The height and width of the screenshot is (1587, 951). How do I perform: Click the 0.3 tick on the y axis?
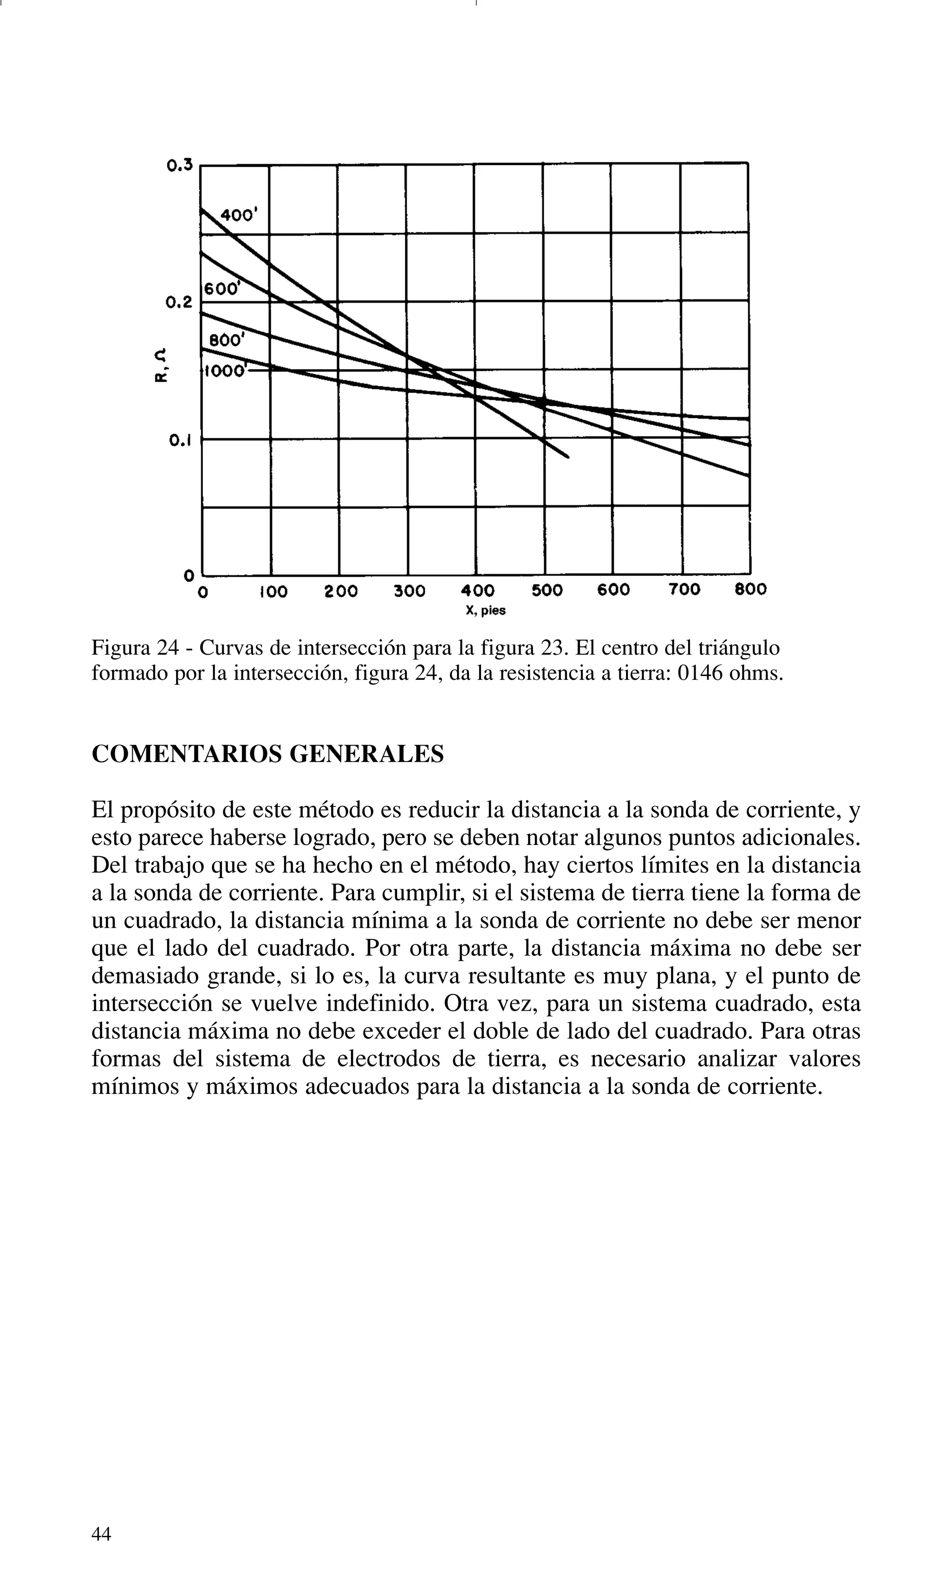click(x=179, y=166)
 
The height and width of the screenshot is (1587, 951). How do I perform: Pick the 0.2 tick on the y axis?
click(x=178, y=302)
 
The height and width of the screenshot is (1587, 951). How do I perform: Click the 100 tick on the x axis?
click(x=273, y=591)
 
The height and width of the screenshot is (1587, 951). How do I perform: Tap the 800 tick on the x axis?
click(x=750, y=589)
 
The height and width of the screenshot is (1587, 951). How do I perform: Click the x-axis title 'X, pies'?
click(x=485, y=611)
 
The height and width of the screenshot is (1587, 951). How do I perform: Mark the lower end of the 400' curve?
click(x=568, y=457)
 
